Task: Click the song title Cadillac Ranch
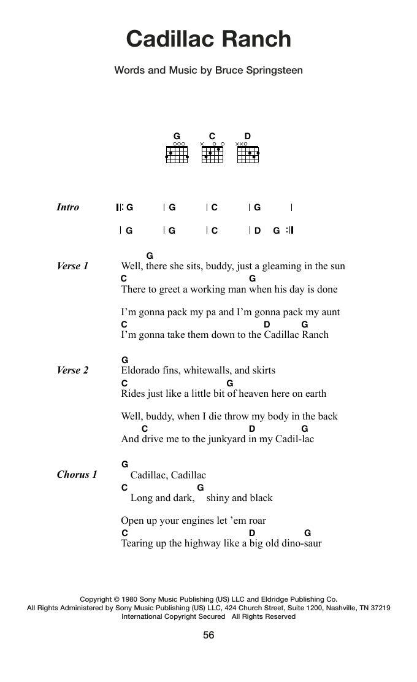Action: coord(208,39)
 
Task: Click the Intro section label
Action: coord(68,207)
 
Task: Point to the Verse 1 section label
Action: coord(72,266)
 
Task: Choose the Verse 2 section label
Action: coord(72,370)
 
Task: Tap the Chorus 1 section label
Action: coord(77,475)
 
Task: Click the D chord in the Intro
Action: coord(258,231)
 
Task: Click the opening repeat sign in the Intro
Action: coord(120,207)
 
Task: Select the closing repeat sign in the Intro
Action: coord(290,231)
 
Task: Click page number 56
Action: coord(208,635)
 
